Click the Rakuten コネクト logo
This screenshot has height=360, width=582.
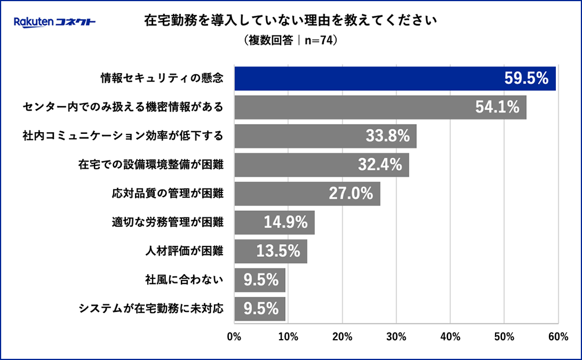click(x=54, y=23)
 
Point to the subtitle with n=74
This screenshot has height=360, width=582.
click(x=291, y=41)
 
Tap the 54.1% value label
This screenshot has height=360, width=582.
click(x=497, y=108)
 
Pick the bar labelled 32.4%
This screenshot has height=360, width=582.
click(x=322, y=165)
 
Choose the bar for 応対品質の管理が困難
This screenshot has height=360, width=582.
click(x=307, y=194)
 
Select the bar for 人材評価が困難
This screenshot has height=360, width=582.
click(x=271, y=251)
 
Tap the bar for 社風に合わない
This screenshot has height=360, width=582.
click(x=260, y=280)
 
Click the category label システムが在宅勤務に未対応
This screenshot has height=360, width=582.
click(x=151, y=308)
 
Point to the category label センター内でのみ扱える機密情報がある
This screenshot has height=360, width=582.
click(x=123, y=108)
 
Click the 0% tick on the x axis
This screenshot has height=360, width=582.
click(x=234, y=337)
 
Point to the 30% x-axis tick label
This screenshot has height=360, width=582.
click(x=397, y=337)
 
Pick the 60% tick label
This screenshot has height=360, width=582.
click(x=558, y=337)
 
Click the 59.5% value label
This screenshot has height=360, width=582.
click(x=526, y=79)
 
